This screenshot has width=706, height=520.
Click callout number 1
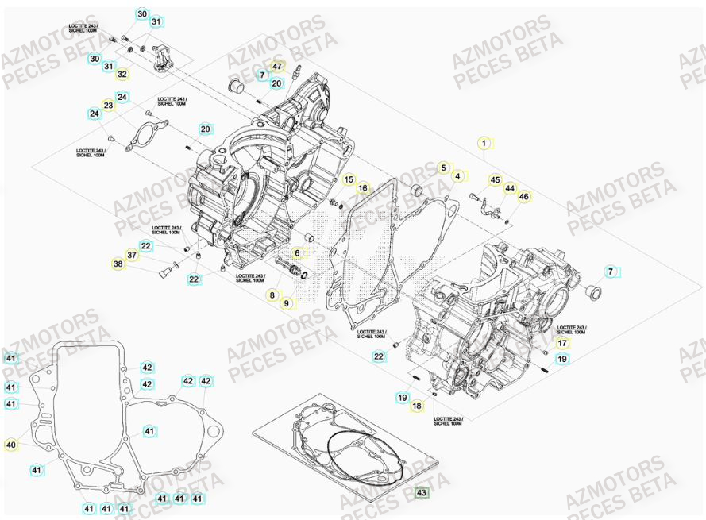(483, 144)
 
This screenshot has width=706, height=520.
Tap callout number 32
(122, 75)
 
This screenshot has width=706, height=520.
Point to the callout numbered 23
(108, 106)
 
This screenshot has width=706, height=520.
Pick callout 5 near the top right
(442, 168)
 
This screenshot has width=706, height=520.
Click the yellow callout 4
(457, 176)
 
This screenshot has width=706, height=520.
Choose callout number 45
(495, 180)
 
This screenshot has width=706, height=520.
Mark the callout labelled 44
(510, 188)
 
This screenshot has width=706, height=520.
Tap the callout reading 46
(523, 196)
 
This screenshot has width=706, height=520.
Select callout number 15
(349, 179)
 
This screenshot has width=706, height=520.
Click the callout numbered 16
(363, 188)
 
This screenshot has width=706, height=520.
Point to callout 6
(298, 253)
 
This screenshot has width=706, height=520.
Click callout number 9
(287, 302)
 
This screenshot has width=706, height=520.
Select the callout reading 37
(132, 255)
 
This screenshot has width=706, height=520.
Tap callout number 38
(118, 264)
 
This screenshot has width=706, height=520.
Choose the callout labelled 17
(561, 344)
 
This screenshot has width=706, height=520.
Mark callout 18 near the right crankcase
(417, 406)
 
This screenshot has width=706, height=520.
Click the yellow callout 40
(10, 445)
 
